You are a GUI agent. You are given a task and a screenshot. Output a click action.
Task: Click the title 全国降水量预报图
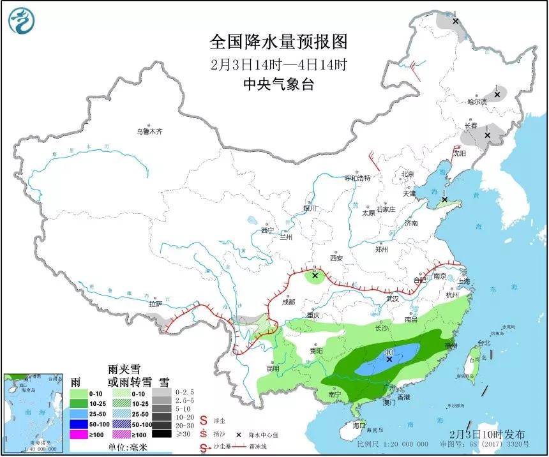(279, 42)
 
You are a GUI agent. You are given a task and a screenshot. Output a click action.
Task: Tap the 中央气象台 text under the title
(279, 84)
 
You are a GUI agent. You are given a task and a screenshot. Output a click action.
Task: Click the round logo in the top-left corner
(21, 20)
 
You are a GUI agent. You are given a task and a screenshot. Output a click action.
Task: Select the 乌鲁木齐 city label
(149, 131)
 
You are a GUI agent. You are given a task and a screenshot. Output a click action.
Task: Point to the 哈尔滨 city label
(476, 101)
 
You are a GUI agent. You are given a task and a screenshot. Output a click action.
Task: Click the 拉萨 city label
(155, 304)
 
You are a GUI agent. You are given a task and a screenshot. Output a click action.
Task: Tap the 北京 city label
(407, 174)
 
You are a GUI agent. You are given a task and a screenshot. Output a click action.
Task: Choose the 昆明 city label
(273, 368)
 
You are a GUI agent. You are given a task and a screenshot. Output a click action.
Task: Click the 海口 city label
(360, 424)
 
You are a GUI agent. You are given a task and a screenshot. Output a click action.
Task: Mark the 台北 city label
(484, 343)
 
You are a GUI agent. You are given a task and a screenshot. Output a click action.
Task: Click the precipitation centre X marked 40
(389, 359)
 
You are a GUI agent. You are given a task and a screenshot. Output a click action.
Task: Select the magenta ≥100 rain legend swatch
(79, 434)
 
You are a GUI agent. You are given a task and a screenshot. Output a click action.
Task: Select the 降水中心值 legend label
(262, 433)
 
